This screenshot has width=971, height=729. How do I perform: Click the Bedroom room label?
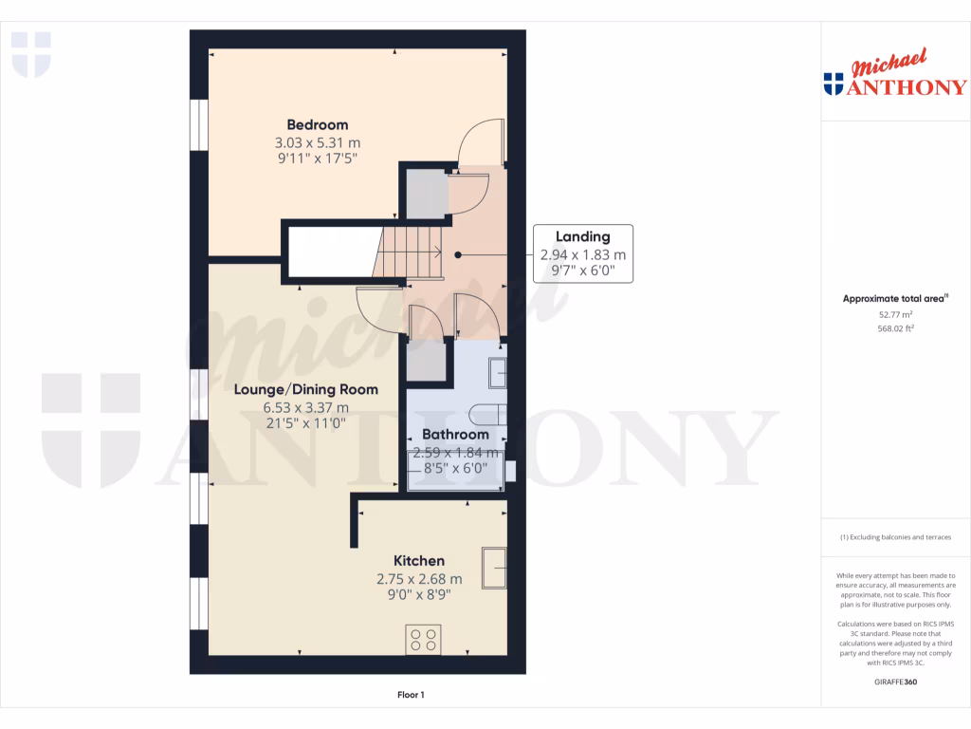[318, 124]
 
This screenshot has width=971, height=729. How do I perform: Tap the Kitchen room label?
[419, 561]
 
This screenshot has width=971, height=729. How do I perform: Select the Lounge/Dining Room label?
[306, 389]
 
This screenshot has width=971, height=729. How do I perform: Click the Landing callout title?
[583, 236]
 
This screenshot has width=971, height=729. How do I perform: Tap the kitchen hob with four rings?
[422, 639]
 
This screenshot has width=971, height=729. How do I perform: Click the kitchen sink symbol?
[493, 570]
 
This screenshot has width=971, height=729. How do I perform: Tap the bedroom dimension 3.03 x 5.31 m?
[318, 142]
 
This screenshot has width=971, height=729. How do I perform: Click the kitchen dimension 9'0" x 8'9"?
[419, 595]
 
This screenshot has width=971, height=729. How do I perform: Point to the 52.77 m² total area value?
[895, 313]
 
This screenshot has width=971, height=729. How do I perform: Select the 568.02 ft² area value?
[895, 328]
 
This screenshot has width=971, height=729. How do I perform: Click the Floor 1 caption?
[411, 695]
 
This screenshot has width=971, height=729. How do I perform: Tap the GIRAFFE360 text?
[896, 682]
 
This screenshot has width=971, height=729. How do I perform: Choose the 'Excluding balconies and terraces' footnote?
[895, 537]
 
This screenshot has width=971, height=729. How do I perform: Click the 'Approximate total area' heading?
[895, 298]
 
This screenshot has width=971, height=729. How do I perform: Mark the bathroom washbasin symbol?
[497, 373]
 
